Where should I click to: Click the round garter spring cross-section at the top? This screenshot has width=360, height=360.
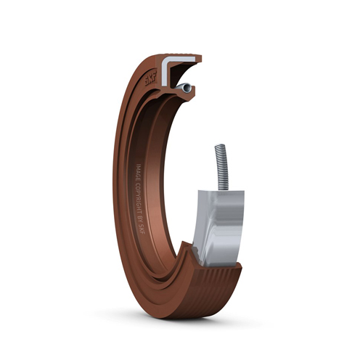188,87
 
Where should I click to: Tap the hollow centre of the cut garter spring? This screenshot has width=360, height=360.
188,87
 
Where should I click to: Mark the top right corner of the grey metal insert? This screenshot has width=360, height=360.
243,192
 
